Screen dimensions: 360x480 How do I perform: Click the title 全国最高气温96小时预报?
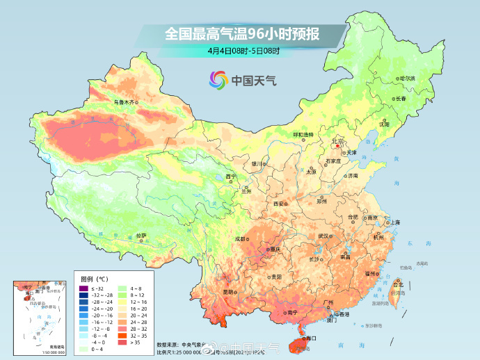pyautogui.click(x=243, y=33)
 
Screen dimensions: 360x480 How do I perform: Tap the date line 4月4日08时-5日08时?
pyautogui.click(x=243, y=51)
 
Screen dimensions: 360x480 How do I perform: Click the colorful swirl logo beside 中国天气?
pyautogui.click(x=218, y=81)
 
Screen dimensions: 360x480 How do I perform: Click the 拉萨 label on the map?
pyautogui.click(x=141, y=236)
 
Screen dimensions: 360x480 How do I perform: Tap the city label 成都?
pyautogui.click(x=240, y=238)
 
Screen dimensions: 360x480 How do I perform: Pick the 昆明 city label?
pyautogui.click(x=228, y=292)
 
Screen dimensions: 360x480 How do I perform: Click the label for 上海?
pyautogui.click(x=394, y=222)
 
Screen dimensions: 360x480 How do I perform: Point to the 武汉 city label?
pyautogui.click(x=324, y=236)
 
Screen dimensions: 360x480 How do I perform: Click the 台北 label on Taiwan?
pyautogui.click(x=398, y=285)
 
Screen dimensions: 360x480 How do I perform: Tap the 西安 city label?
pyautogui.click(x=280, y=204)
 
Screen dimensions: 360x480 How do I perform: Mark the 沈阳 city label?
pyautogui.click(x=384, y=124)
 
